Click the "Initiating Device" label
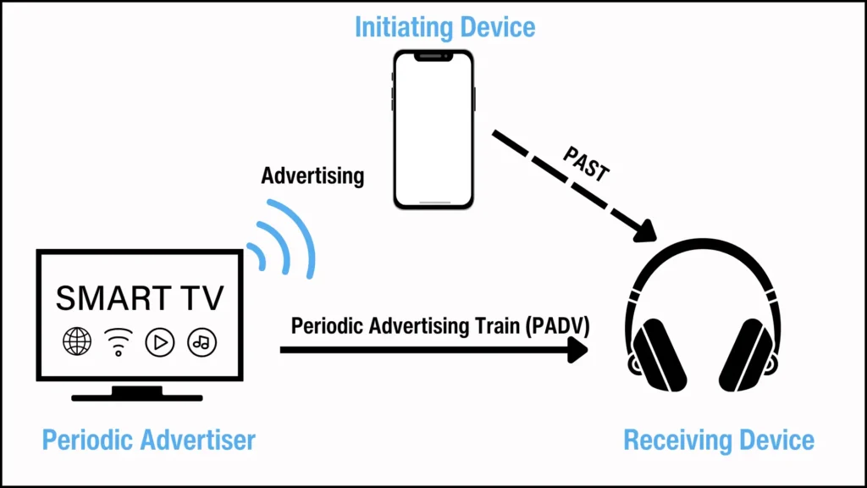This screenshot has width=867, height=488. click(445, 27)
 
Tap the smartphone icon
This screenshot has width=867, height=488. click(433, 129)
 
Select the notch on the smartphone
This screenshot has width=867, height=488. click(433, 57)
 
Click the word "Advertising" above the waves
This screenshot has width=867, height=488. click(312, 176)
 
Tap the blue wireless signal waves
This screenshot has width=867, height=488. click(284, 239)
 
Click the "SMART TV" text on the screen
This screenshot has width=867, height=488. click(140, 297)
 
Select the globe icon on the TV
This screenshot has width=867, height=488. click(77, 341)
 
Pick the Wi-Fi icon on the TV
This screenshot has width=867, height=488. click(119, 342)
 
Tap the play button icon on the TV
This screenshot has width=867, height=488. click(159, 341)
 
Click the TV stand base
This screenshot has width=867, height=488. click(137, 396)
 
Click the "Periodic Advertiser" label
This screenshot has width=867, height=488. click(149, 441)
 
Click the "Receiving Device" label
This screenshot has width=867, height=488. click(719, 441)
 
